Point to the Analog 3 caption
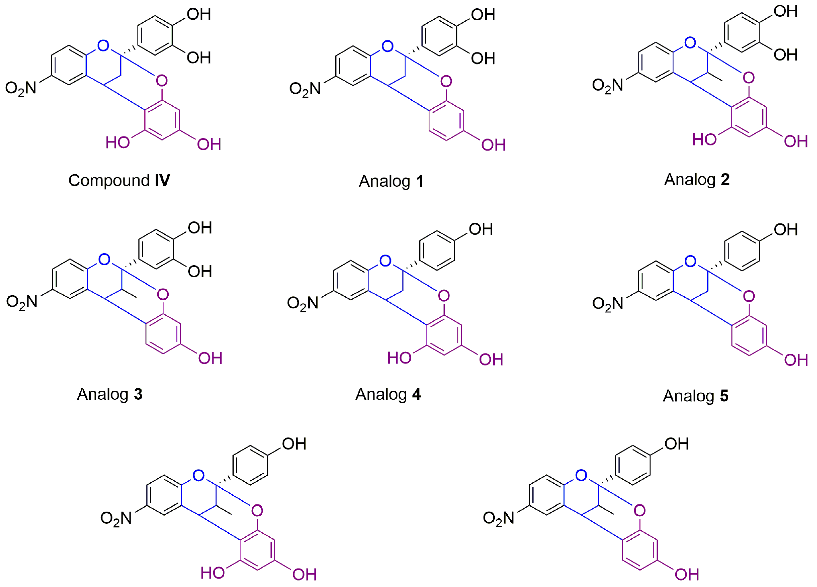click(x=110, y=394)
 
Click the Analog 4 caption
click(x=388, y=394)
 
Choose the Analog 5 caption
click(x=696, y=396)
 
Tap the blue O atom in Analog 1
click(x=387, y=46)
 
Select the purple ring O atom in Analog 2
click(x=748, y=77)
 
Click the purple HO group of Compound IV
click(x=117, y=143)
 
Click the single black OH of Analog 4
click(x=480, y=229)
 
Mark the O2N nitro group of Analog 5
click(x=608, y=303)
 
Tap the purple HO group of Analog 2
click(x=705, y=139)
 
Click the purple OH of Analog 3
click(x=210, y=358)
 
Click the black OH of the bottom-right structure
click(x=677, y=444)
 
